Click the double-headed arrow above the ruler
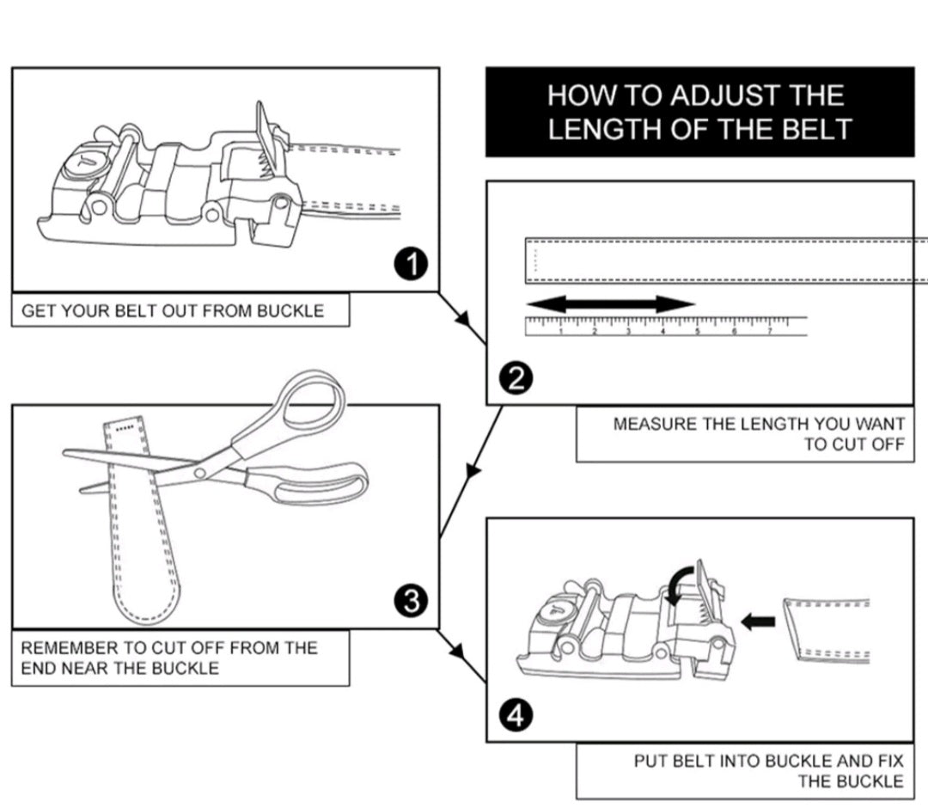(610, 303)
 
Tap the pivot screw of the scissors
(201, 472)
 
